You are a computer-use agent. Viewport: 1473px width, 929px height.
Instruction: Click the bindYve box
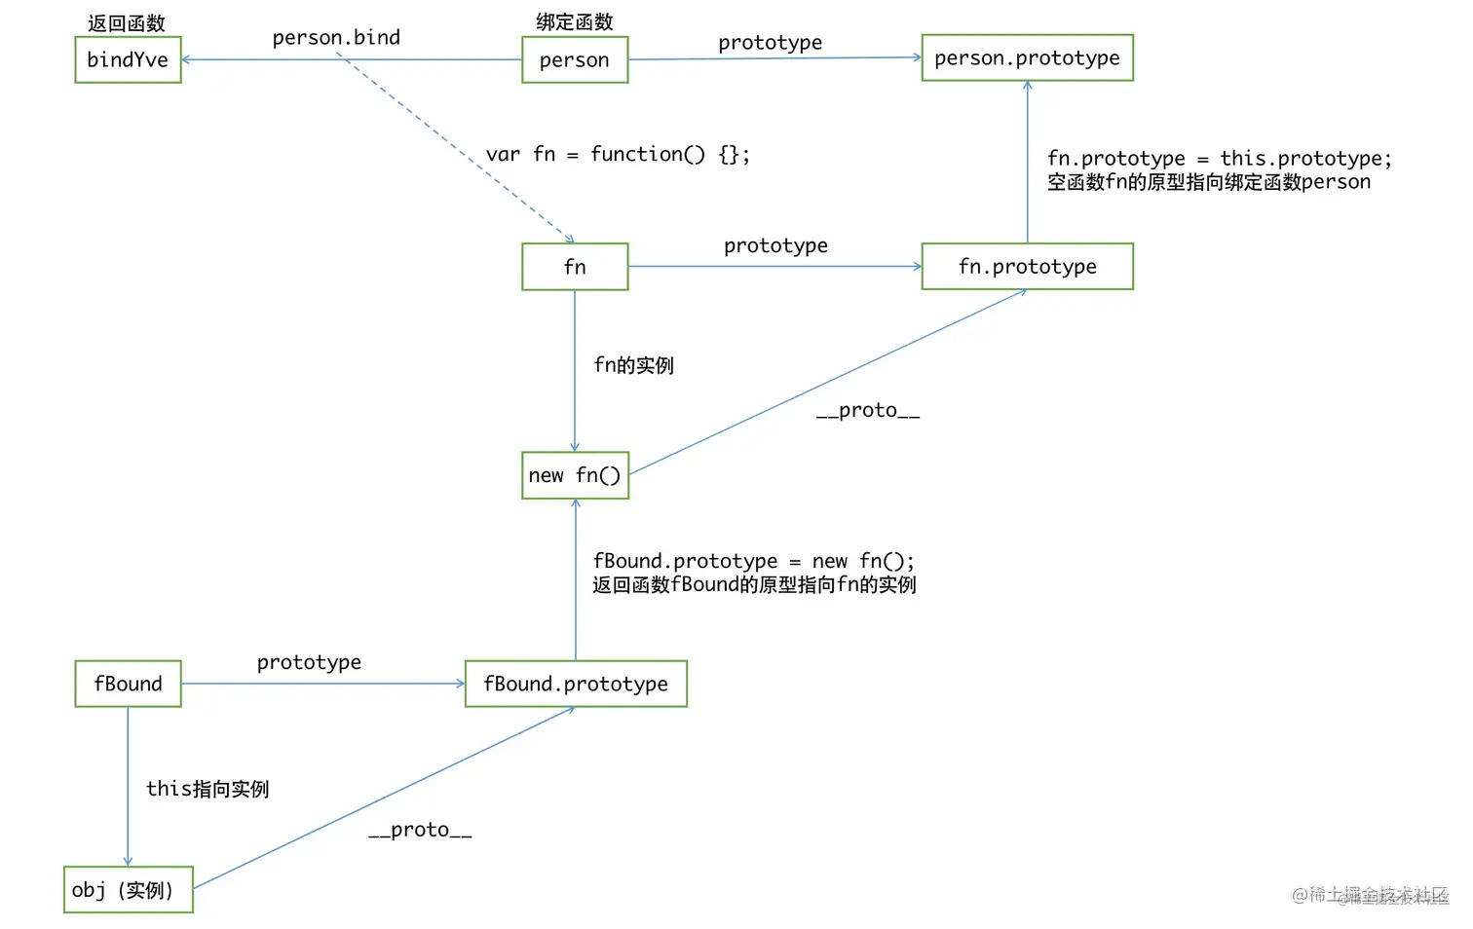pyautogui.click(x=128, y=60)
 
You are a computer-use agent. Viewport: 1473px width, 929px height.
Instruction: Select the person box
pyautogui.click(x=575, y=60)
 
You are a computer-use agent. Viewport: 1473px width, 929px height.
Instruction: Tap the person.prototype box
pyautogui.click(x=1027, y=58)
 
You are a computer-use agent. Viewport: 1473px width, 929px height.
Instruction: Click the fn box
pyautogui.click(x=575, y=267)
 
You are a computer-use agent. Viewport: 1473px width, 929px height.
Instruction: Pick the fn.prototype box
pyautogui.click(x=1027, y=267)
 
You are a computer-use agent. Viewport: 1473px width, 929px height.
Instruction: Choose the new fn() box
pyautogui.click(x=575, y=475)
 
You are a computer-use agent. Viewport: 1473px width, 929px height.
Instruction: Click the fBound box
pyautogui.click(x=128, y=684)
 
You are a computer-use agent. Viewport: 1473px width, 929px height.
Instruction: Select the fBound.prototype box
pyautogui.click(x=576, y=684)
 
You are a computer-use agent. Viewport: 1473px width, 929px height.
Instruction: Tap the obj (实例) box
pyautogui.click(x=128, y=890)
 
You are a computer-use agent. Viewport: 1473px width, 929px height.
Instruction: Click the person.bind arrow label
pyautogui.click(x=336, y=38)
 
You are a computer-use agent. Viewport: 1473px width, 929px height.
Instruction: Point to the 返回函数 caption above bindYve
pyautogui.click(x=127, y=23)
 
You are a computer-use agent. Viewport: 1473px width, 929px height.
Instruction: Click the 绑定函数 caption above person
pyautogui.click(x=575, y=21)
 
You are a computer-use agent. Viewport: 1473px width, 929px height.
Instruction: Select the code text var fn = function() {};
pyautogui.click(x=618, y=155)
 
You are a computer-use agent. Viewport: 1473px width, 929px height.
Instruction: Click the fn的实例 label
pyautogui.click(x=633, y=365)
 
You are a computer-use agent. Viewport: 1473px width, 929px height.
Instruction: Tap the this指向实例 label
pyautogui.click(x=208, y=789)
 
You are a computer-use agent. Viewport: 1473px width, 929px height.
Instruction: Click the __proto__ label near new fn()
pyautogui.click(x=867, y=411)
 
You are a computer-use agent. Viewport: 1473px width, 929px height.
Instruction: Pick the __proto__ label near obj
pyautogui.click(x=420, y=831)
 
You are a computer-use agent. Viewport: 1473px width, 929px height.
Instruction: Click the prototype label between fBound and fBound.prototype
pyautogui.click(x=309, y=663)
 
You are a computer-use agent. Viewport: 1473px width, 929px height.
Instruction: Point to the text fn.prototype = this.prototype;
pyautogui.click(x=1219, y=159)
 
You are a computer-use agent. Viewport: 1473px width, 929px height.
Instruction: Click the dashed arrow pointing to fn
pyautogui.click(x=458, y=151)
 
